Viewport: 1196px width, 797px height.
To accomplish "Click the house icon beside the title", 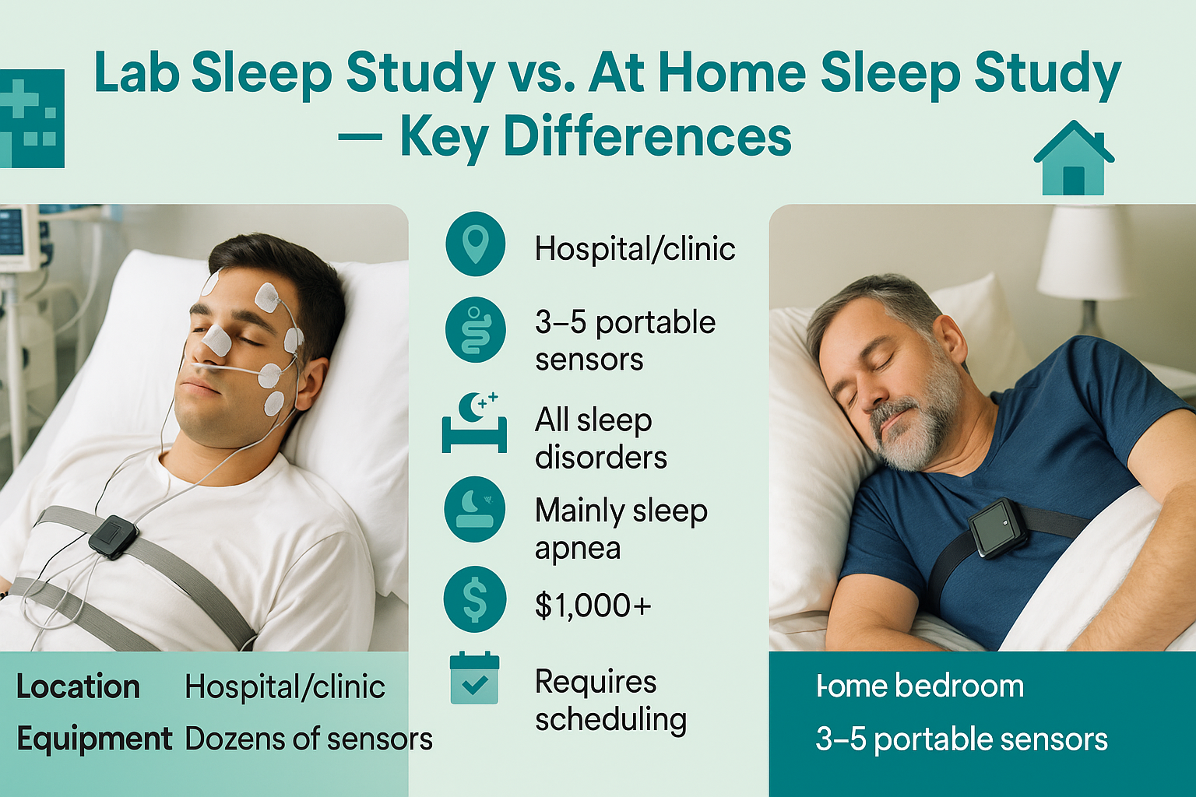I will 1074,159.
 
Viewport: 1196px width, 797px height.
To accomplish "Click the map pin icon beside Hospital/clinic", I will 475,244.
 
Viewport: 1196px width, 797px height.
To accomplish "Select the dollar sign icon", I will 474,600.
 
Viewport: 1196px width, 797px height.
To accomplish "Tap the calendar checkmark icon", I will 474,679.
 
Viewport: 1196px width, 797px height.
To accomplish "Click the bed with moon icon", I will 474,423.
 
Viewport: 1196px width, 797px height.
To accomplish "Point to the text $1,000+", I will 593,606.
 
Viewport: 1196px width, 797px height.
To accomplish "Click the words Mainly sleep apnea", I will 621,529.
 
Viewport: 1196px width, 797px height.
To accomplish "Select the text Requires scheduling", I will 610,700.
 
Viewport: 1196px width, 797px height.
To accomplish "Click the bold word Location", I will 78,687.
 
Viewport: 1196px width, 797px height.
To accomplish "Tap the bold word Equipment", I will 94,739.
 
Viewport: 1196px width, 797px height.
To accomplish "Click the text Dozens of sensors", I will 308,739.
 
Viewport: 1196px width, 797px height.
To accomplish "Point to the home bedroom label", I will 920,686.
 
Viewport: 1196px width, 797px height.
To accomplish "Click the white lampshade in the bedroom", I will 1085,253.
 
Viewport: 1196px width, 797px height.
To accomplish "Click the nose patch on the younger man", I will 216,340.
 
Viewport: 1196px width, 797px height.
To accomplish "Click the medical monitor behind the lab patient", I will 17,237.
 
